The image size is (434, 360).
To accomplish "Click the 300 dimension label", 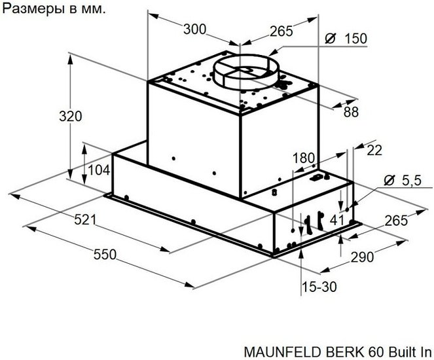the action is point(195,29).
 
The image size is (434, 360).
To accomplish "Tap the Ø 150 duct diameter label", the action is point(346,39).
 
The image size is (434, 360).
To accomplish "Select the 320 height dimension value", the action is point(70,117).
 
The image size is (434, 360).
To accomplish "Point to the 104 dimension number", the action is point(99,170).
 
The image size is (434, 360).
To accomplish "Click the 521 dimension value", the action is point(85,220).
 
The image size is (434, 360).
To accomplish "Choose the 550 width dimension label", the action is point(105,255).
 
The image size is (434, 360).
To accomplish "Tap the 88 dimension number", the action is point(351,112).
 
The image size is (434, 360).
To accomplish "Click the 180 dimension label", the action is point(304,158).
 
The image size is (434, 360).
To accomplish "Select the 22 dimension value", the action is point(374,151).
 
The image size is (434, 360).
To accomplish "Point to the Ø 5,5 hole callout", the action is point(403,181).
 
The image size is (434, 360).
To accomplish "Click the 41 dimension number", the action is point(337,221).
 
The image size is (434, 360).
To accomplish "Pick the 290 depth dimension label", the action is point(362,257).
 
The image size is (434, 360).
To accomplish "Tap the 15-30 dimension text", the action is point(319,287).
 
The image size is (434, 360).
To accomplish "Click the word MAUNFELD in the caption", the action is point(284,352).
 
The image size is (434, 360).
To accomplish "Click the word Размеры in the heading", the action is point(32,10).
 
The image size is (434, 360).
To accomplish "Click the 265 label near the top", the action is point(281,31).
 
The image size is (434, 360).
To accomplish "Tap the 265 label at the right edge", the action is point(396,221).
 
